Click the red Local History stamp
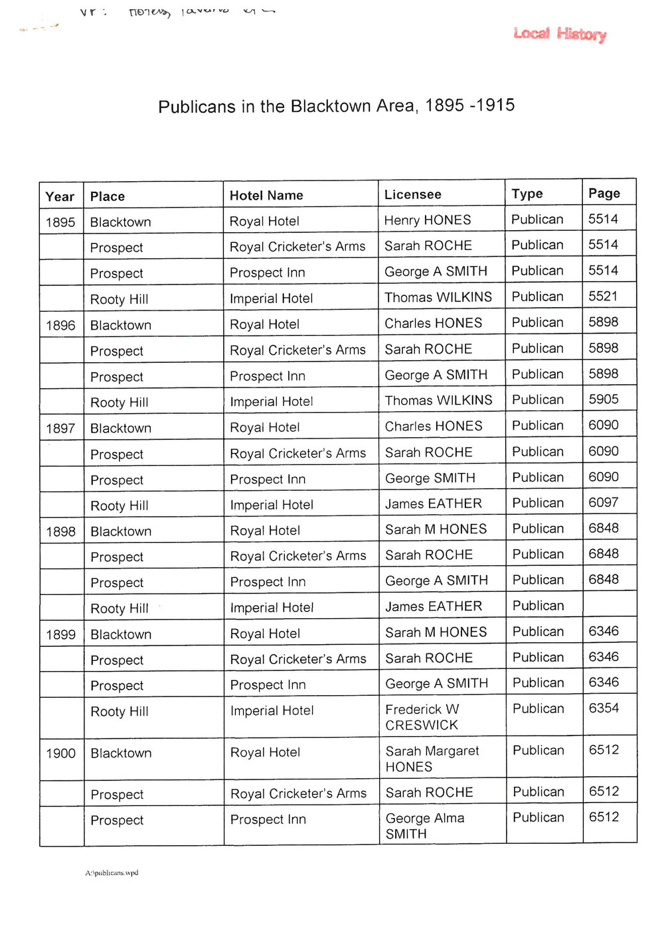(x=559, y=34)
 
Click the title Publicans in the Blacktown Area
(x=336, y=106)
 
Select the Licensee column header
(x=412, y=194)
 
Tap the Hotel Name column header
(x=266, y=196)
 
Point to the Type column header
(x=527, y=194)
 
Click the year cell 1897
(x=60, y=429)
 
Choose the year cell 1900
(x=60, y=754)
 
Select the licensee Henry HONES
(x=428, y=220)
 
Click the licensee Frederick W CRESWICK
(x=422, y=717)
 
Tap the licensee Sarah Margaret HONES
(x=432, y=759)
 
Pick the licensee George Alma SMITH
(x=425, y=826)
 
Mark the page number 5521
(x=603, y=297)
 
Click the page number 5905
(x=603, y=399)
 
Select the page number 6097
(x=603, y=503)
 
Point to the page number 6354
(x=603, y=708)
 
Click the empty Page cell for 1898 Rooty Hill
(x=609, y=606)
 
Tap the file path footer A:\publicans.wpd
(x=112, y=873)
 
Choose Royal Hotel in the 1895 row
(x=264, y=222)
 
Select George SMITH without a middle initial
(x=430, y=478)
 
